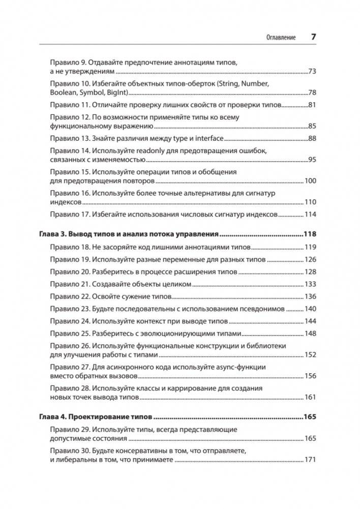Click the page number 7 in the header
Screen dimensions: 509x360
click(313, 38)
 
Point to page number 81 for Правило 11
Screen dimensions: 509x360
click(311, 106)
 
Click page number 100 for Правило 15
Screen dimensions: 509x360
click(310, 181)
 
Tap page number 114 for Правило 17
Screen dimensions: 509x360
click(310, 215)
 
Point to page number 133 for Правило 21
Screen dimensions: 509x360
click(310, 284)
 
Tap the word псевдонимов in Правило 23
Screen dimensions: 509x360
click(262, 309)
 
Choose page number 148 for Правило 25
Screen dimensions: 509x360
click(310, 334)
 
